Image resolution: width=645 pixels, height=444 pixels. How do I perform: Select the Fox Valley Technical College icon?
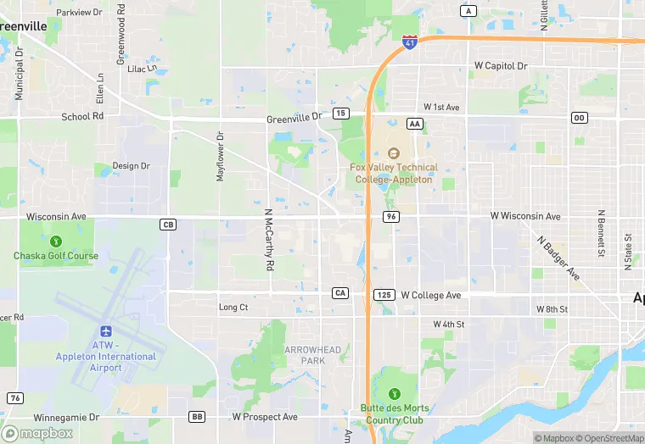[x=393, y=153]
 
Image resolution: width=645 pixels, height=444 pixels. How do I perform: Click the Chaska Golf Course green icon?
[x=56, y=241]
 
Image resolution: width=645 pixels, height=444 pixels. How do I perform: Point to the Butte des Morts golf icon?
[x=393, y=393]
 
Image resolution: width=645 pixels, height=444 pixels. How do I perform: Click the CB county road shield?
[x=167, y=225]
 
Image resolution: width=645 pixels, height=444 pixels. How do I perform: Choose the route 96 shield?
[x=390, y=217]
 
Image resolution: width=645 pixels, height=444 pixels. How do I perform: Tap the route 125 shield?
[x=384, y=295]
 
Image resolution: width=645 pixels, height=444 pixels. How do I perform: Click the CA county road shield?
[x=340, y=293]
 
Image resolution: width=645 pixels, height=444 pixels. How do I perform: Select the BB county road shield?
[x=197, y=417]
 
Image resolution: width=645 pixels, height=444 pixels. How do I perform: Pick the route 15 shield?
[x=341, y=114]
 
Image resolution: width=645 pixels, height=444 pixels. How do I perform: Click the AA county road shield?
[x=415, y=124]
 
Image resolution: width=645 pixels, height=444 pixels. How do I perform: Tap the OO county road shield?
[x=580, y=117]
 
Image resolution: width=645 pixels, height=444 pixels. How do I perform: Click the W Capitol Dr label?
[x=501, y=65]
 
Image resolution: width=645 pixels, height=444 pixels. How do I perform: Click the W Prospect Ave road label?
[x=265, y=417]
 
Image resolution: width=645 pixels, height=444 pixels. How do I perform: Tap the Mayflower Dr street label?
[x=220, y=157]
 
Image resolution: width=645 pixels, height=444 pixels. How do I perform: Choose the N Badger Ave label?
[x=558, y=257]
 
